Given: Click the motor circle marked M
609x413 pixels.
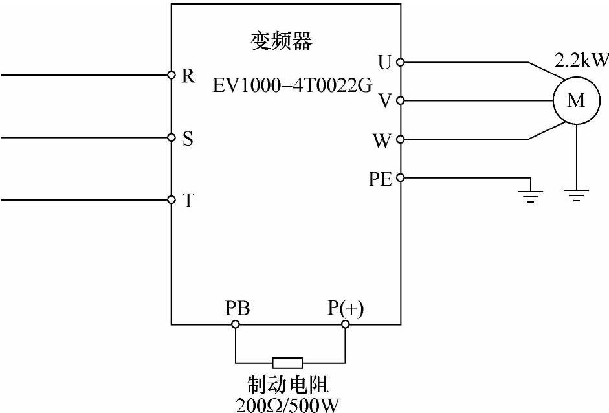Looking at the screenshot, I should pos(575,100).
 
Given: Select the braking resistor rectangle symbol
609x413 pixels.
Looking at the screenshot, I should pos(287,363).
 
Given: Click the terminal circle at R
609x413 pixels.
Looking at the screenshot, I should pos(172,75).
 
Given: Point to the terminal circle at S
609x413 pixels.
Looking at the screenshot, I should pos(172,137).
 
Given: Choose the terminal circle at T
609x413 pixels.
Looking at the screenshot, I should pos(172,199).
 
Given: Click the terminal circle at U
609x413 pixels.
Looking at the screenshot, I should pos(400,62).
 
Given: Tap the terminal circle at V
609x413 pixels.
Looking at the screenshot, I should pos(400,100).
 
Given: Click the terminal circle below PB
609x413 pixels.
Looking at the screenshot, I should pos(236,324).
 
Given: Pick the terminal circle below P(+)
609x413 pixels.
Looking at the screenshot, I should pos(345,324).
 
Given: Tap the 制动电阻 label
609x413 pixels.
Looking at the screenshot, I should pos(288,386).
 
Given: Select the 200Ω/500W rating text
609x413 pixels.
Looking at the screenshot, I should pos(288,405).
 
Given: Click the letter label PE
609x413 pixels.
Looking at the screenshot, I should pos(381,179).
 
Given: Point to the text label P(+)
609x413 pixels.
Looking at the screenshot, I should pos(346,309).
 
